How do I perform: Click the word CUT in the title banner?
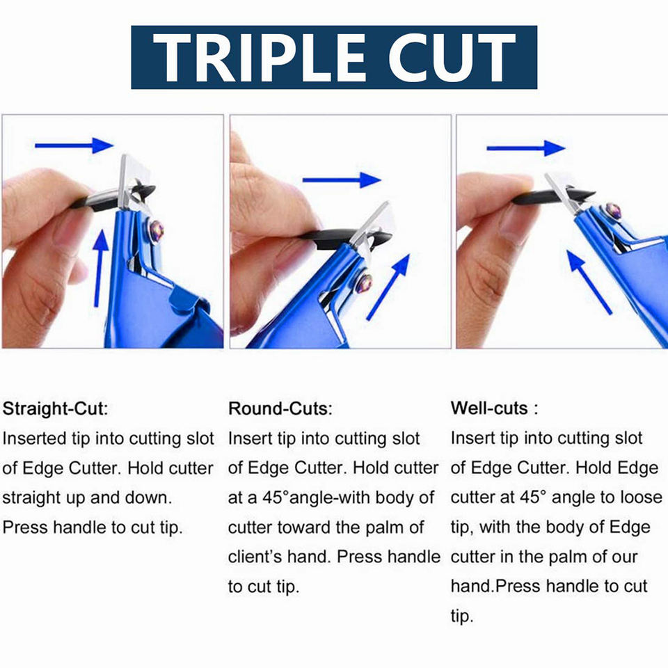pyautogui.click(x=452, y=57)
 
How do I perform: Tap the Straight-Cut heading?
pyautogui.click(x=56, y=409)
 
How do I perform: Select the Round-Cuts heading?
pyautogui.click(x=280, y=408)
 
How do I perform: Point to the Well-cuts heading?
pyautogui.click(x=494, y=408)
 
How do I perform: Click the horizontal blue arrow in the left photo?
pyautogui.click(x=74, y=145)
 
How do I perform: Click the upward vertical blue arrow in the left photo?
pyautogui.click(x=100, y=269)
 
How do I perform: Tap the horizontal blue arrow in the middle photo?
pyautogui.click(x=342, y=180)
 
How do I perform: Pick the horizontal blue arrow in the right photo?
pyautogui.click(x=526, y=148)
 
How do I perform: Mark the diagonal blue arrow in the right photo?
pyautogui.click(x=589, y=282)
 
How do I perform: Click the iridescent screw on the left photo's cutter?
pyautogui.click(x=156, y=230)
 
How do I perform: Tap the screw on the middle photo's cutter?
pyautogui.click(x=364, y=283)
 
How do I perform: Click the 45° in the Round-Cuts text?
pyautogui.click(x=276, y=498)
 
